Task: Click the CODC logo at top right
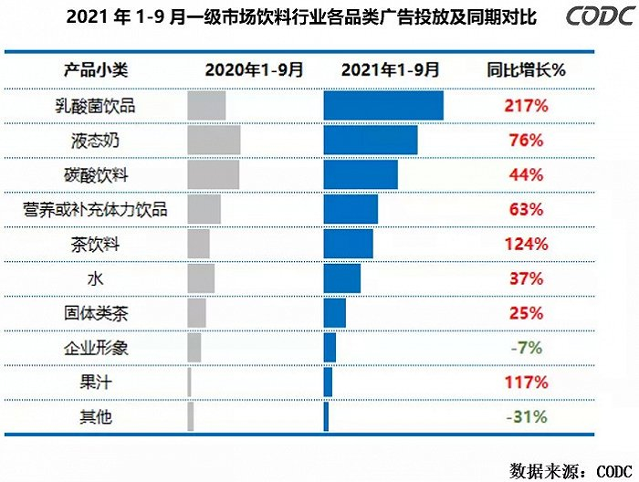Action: [593, 17]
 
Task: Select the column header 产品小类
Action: [95, 69]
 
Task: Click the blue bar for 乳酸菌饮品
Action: [383, 106]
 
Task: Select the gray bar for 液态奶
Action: [214, 141]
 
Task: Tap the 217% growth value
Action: [525, 106]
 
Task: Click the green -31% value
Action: [525, 416]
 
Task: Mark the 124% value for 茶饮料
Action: [525, 244]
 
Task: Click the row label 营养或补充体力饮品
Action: [95, 210]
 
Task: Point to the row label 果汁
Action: [95, 382]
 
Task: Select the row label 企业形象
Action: [95, 348]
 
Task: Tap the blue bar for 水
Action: [342, 278]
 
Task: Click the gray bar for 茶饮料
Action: [198, 244]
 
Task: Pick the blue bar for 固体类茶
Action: [335, 313]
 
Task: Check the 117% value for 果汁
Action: [525, 382]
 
